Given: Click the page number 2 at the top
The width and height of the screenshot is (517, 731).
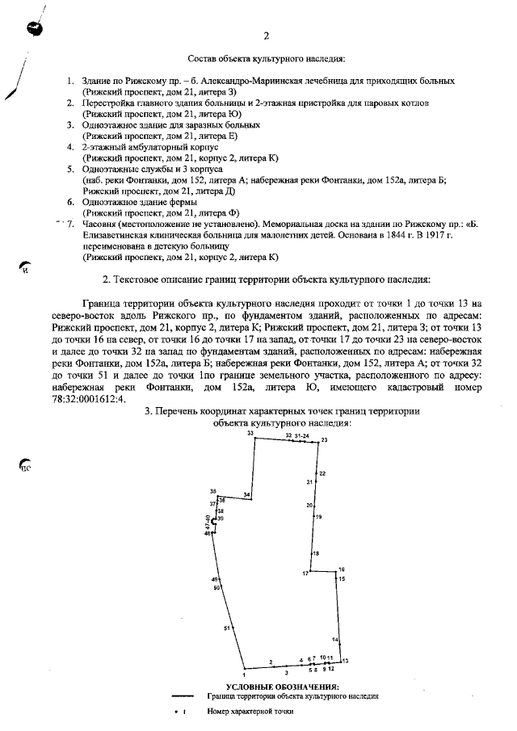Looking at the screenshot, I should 266,36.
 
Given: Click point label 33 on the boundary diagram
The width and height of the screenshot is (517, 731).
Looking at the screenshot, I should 250,434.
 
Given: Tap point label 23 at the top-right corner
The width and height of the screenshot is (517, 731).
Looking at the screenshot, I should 324,439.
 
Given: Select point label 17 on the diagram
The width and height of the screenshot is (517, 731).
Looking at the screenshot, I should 306,573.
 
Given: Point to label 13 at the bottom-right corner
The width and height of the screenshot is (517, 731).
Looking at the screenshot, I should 345,662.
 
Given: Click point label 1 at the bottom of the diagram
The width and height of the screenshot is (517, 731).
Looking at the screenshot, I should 243,674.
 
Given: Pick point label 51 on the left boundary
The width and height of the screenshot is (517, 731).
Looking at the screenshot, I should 228,628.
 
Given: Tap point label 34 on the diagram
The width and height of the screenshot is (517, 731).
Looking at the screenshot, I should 247,494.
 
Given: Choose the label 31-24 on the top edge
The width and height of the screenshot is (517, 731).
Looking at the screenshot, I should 302,435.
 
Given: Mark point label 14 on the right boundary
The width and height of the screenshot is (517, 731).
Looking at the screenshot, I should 334,639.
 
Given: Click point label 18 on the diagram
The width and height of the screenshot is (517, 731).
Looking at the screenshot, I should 316,553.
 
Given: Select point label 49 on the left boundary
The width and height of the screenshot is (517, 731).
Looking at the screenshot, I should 215,580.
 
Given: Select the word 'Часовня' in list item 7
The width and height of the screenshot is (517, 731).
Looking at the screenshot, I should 99,222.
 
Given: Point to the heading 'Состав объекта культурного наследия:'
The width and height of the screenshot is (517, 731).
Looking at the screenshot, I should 266,60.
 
